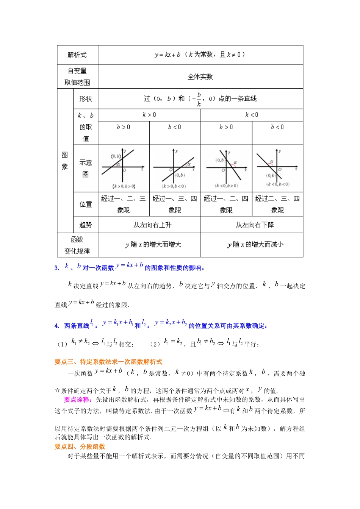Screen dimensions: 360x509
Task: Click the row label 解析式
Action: [77, 55]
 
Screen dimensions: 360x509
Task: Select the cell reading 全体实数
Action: [200, 77]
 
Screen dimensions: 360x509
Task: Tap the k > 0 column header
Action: [149, 115]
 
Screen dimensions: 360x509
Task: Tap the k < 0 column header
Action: [252, 115]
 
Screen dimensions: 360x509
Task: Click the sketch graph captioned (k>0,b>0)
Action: [124, 168]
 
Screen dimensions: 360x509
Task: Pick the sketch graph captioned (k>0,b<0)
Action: [174, 168]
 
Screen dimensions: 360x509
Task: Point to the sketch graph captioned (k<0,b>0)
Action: [226, 168]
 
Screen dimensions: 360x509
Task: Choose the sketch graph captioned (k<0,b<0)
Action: [277, 168]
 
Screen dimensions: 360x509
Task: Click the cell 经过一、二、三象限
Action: [124, 204]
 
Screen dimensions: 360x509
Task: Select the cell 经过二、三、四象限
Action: [277, 204]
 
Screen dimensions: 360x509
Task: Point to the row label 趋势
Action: [86, 225]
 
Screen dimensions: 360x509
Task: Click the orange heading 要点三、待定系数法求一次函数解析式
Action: [108, 362]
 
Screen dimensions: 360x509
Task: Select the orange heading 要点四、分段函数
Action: [80, 447]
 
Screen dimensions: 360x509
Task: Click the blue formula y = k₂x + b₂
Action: [171, 323]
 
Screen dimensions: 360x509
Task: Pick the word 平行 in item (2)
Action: [250, 344]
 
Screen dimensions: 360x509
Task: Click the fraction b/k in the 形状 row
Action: [199, 99]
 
